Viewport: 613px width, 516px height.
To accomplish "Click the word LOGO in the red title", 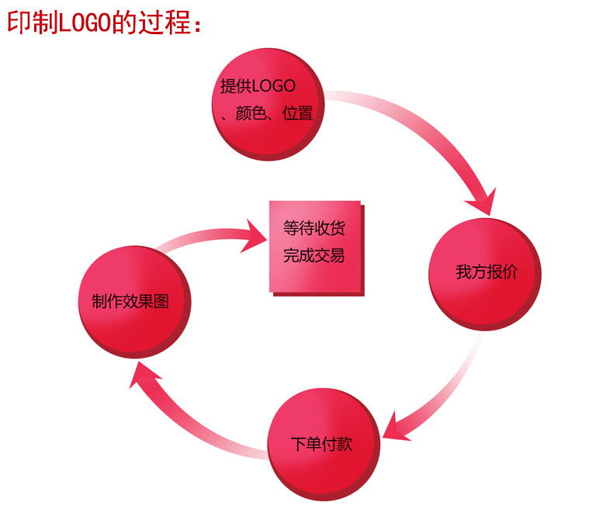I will pyautogui.click(x=85, y=22).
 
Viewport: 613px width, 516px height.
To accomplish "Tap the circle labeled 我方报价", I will pyautogui.click(x=485, y=273).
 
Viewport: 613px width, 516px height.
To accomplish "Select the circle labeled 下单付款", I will pyautogui.click(x=322, y=443).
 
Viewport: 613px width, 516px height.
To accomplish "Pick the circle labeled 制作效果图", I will pyautogui.click(x=136, y=301).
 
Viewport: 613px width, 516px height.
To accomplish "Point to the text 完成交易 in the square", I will pyautogui.click(x=314, y=255).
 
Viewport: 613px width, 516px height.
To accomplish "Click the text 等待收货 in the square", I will pyautogui.click(x=314, y=229).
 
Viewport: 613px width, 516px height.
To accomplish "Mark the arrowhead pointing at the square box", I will pyautogui.click(x=256, y=235).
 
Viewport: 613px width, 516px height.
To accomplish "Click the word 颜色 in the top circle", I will pyautogui.click(x=249, y=113).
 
